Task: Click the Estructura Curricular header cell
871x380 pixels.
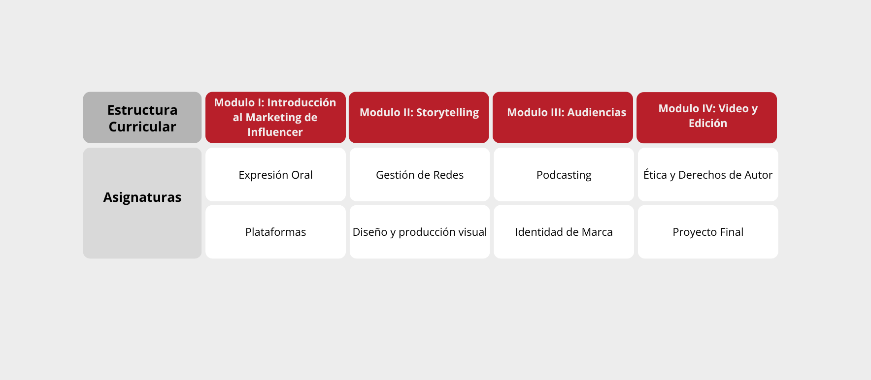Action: (x=142, y=118)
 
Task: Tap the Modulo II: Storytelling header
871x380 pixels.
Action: (x=419, y=118)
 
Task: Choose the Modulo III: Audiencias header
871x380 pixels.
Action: (x=563, y=118)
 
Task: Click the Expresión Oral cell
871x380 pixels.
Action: (x=275, y=175)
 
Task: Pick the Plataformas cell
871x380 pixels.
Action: (x=275, y=232)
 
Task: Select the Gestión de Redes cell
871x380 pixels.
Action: (x=420, y=175)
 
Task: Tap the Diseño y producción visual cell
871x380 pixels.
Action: (x=420, y=232)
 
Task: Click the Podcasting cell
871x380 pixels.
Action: (x=564, y=175)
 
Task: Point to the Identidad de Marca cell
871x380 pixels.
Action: (x=564, y=232)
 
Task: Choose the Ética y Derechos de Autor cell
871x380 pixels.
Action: (x=708, y=175)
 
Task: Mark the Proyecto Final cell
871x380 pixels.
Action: (x=708, y=232)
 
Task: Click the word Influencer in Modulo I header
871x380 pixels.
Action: (x=275, y=132)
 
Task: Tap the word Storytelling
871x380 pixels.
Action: (x=447, y=113)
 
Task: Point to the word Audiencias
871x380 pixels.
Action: (x=597, y=112)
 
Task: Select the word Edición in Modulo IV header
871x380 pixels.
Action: (x=708, y=123)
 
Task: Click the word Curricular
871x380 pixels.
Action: (x=142, y=127)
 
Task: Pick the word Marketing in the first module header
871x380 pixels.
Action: (x=274, y=118)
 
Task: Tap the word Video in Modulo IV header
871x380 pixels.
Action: (x=734, y=108)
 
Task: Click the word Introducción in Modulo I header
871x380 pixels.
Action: (x=301, y=102)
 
